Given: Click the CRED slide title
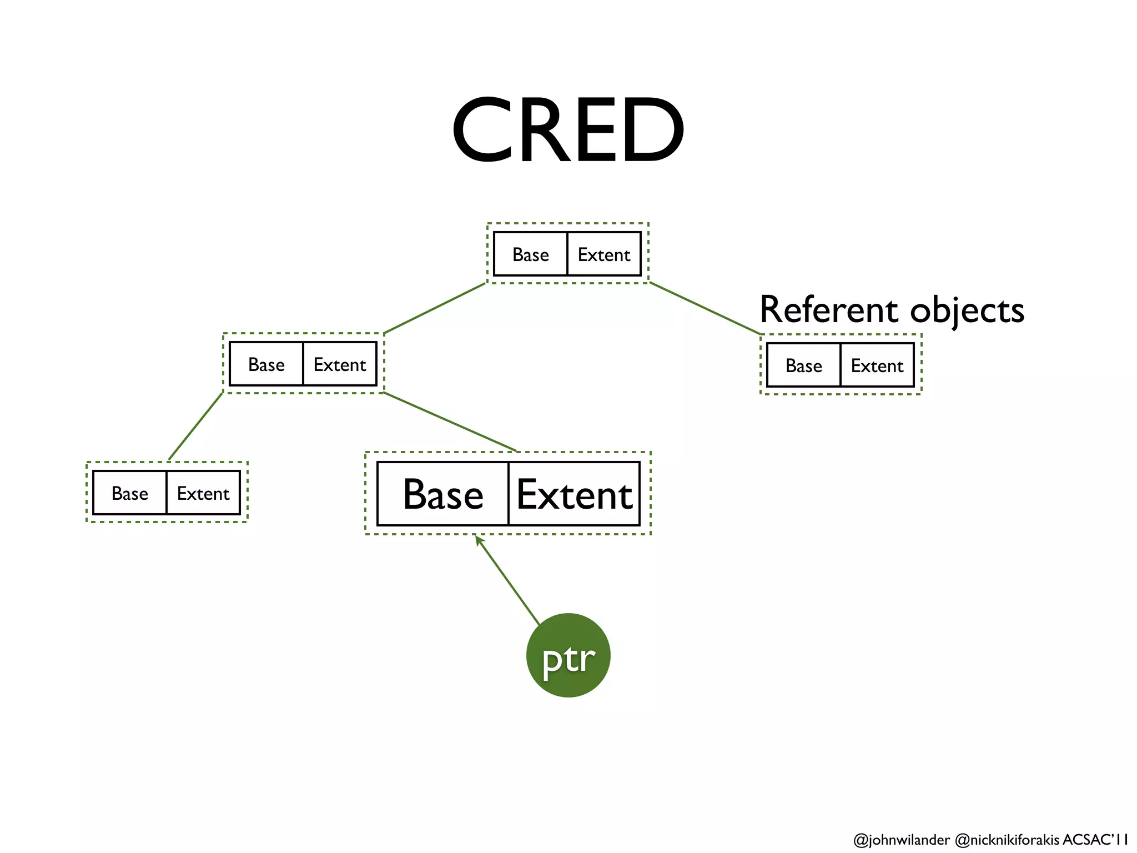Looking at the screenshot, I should tap(568, 130).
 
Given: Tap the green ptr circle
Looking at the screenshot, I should tap(568, 655).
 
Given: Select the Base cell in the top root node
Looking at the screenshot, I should tap(530, 254).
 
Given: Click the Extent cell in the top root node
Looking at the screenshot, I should tap(604, 254).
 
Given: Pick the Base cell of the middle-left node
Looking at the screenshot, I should tap(266, 364).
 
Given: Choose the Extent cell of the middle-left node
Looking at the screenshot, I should tap(340, 364).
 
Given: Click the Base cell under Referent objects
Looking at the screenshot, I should tap(803, 365).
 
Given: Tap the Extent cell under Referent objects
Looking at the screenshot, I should tap(877, 365).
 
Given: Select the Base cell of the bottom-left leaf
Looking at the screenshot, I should tap(129, 493).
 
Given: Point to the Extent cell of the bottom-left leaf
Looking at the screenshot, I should tap(203, 493).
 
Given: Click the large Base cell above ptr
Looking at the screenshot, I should tap(442, 494).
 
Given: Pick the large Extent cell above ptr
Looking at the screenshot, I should tap(574, 494).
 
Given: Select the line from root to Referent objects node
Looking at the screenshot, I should tap(705, 309).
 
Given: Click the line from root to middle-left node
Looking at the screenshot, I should tap(435, 309).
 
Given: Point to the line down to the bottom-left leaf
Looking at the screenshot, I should tap(195, 426).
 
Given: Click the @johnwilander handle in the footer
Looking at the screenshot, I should tap(901, 840).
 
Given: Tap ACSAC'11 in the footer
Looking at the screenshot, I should tap(1095, 839).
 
